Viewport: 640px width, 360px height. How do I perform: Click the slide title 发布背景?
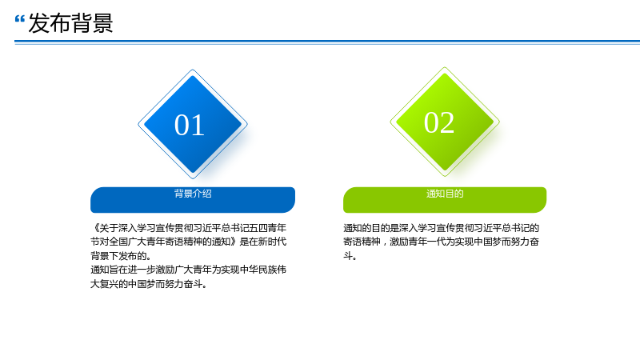point(70,23)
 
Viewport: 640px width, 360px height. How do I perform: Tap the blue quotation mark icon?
point(19,18)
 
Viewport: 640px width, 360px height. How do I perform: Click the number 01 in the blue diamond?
point(190,125)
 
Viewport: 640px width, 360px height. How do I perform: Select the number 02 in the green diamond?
point(439,122)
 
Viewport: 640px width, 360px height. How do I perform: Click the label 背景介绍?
point(193,194)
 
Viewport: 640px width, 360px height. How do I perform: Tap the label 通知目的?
point(445,194)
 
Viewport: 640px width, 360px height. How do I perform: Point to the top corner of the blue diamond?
point(193,70)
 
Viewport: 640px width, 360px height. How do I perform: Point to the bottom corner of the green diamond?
point(445,176)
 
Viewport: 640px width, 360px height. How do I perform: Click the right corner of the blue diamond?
point(247,124)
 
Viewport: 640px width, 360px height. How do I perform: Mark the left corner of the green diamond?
point(390,122)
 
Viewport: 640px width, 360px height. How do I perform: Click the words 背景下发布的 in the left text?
point(118,256)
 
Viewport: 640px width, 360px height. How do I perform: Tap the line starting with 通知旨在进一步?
point(188,270)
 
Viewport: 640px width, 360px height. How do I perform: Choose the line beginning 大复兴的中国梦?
point(149,284)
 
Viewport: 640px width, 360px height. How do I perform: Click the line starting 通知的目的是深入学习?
point(442,228)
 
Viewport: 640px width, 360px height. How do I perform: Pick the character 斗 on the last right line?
point(348,256)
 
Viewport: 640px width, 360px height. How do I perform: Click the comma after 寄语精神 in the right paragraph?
point(385,243)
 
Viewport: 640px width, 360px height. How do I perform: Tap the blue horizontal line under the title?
point(327,42)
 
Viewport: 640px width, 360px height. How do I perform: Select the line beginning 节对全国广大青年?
point(188,242)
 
